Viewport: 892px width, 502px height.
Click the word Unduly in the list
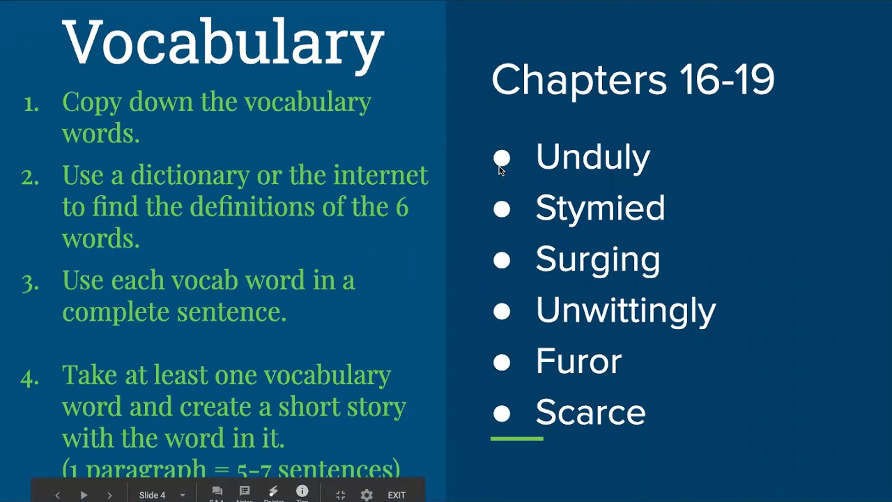[x=592, y=158]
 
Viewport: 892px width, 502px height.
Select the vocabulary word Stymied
[x=600, y=208]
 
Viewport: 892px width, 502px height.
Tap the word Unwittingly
[x=625, y=311]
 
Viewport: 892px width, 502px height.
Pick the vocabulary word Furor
[x=578, y=362]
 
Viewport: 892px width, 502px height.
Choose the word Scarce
[x=590, y=413]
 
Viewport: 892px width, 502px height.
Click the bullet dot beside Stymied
[x=502, y=209]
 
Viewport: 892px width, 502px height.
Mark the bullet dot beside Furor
[x=502, y=363]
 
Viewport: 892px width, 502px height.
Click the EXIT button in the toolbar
[x=397, y=495]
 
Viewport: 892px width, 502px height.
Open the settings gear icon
[x=367, y=495]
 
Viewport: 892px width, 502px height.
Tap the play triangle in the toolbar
[x=84, y=495]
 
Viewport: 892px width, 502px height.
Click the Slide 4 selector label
[x=153, y=495]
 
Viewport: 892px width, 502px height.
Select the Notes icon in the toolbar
[x=245, y=492]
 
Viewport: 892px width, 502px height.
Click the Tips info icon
[x=302, y=492]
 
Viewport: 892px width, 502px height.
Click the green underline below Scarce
[x=516, y=439]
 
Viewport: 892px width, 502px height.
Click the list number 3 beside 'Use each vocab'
[x=30, y=282]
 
